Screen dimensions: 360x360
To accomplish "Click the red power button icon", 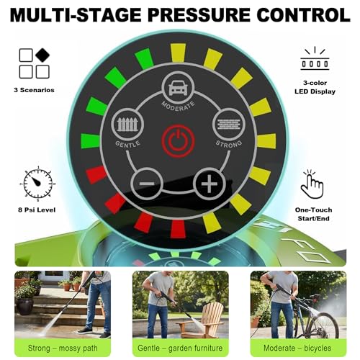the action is point(178,140).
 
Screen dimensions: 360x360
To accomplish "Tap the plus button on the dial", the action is point(210,184).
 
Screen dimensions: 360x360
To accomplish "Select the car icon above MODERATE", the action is point(178,87).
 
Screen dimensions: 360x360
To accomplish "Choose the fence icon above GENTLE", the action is point(127,124).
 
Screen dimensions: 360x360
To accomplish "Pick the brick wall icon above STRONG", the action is point(229,124).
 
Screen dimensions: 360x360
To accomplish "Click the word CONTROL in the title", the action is point(303,15).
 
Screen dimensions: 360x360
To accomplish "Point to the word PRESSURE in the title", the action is point(199,15).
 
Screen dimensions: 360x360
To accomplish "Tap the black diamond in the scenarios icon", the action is point(42,55).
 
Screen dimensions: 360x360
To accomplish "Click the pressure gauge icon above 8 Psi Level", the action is point(37,184).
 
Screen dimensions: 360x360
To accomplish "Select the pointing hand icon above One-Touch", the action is point(312,185).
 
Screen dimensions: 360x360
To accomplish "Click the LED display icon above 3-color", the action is point(315,59).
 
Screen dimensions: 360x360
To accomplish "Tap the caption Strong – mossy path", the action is point(63,348).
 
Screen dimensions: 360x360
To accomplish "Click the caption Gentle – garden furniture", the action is point(180,348).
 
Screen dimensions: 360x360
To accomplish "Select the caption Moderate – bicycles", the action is point(297,348).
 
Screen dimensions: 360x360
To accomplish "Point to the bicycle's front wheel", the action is point(323,325).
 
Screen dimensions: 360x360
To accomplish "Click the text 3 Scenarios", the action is point(34,90).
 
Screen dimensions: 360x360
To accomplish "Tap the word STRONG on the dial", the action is point(229,144).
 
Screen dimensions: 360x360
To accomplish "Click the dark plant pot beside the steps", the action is point(24,306).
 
